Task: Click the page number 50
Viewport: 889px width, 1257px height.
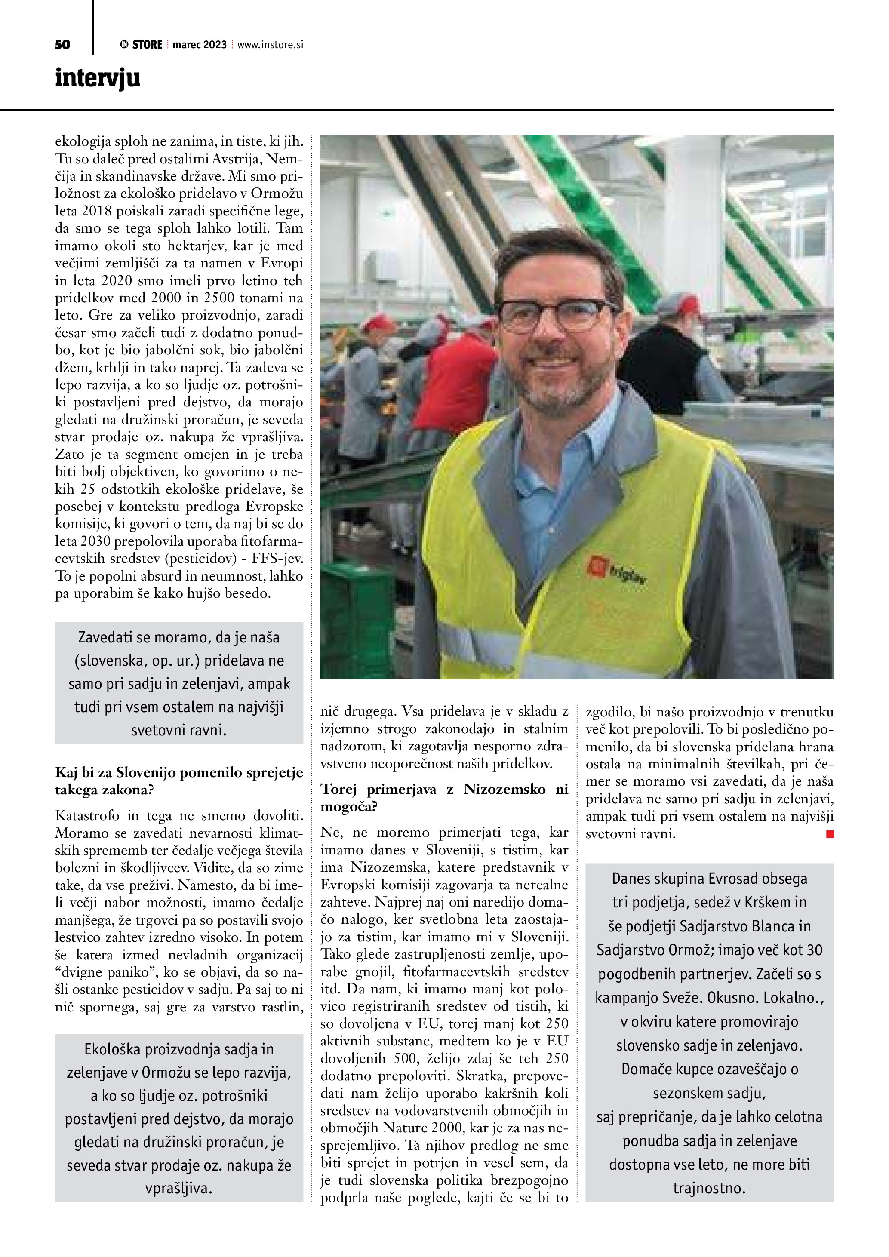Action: [x=62, y=45]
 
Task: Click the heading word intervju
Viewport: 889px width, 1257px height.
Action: [x=98, y=78]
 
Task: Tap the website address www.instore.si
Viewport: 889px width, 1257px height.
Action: [x=270, y=45]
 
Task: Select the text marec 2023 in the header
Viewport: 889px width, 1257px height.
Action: [x=199, y=45]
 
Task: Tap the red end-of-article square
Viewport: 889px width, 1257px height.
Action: [x=830, y=834]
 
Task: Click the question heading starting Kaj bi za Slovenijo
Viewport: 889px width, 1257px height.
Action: [x=179, y=781]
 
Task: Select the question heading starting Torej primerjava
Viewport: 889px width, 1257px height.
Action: [x=444, y=797]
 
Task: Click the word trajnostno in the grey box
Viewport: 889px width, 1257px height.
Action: [x=709, y=1189]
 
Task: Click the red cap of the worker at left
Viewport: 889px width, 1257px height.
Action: [x=378, y=323]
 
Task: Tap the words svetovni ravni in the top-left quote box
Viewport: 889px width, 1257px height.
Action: [x=179, y=730]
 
